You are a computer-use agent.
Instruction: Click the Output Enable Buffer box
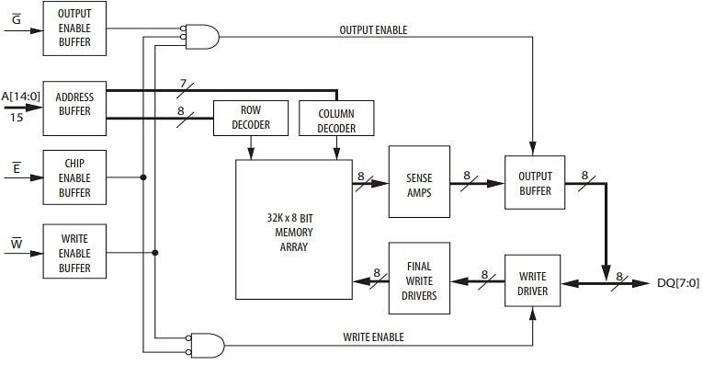(x=75, y=29)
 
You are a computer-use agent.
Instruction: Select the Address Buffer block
(x=75, y=103)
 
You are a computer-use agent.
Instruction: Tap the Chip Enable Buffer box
(x=75, y=177)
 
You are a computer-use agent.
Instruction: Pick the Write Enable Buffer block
(x=75, y=252)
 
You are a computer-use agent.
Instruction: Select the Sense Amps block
(x=419, y=181)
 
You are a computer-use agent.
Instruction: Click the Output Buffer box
(x=535, y=182)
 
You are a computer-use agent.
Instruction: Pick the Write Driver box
(x=533, y=283)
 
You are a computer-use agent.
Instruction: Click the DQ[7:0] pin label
(x=679, y=283)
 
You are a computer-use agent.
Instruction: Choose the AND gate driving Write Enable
(x=206, y=346)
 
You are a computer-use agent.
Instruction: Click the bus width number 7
(x=183, y=84)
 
